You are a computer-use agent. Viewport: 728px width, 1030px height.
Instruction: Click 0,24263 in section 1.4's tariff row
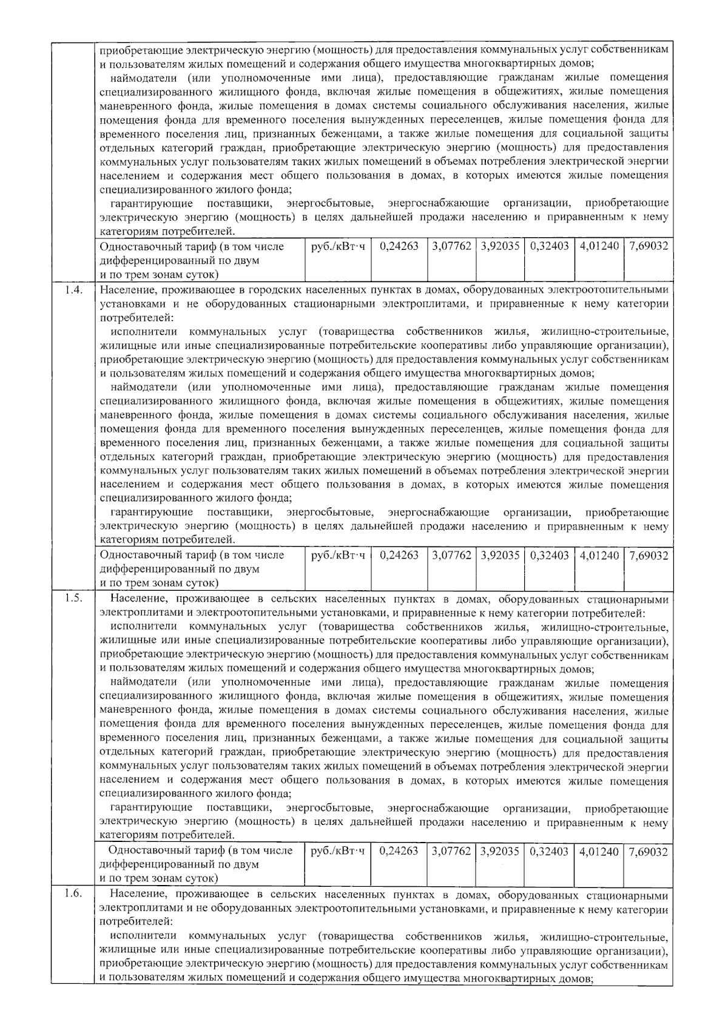pos(399,555)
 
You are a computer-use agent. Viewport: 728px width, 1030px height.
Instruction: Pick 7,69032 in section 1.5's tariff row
pos(649,852)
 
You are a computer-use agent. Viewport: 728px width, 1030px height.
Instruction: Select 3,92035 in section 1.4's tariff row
pos(500,555)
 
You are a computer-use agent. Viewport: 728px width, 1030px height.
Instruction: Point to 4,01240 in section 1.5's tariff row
pos(599,852)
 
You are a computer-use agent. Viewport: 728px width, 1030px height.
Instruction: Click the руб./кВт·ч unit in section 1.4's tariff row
pos(337,555)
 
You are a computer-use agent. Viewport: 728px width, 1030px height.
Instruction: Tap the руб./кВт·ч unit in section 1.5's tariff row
pos(337,852)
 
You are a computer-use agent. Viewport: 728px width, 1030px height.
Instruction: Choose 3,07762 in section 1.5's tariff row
pos(452,852)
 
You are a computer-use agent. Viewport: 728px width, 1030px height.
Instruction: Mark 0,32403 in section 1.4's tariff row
pos(549,555)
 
